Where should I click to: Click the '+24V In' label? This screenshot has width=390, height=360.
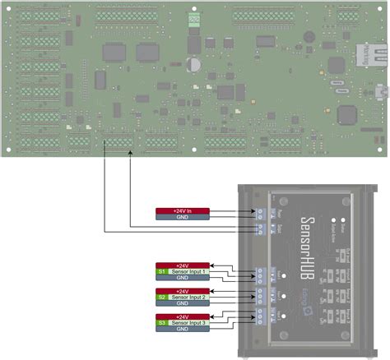[182, 210]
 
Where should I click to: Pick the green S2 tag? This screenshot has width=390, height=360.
[161, 297]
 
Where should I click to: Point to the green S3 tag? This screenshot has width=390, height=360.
[161, 323]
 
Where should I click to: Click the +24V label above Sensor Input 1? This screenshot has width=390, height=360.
[182, 265]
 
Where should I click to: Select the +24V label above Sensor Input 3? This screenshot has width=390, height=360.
[182, 316]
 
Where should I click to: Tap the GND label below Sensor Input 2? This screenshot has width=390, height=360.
[182, 303]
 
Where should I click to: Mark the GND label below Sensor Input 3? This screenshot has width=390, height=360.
[182, 330]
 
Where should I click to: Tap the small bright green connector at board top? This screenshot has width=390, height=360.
[193, 17]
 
